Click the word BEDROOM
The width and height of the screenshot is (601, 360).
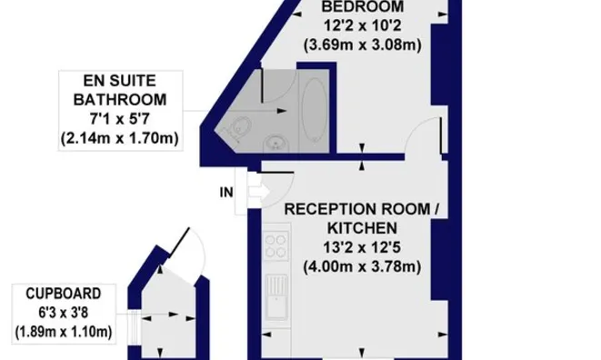tap(362, 7)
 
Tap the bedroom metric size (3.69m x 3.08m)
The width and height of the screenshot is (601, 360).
tap(362, 45)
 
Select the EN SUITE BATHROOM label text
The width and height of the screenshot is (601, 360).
tap(120, 90)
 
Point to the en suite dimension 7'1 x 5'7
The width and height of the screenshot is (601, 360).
tap(120, 119)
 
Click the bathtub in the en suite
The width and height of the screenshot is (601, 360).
tap(315, 111)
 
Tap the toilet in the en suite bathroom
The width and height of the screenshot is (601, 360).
tap(240, 126)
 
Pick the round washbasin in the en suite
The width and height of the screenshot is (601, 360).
tap(275, 144)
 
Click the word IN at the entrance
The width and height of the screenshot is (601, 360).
tap(226, 192)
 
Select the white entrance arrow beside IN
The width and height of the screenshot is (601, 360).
tap(259, 192)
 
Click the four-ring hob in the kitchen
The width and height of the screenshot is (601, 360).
tap(276, 245)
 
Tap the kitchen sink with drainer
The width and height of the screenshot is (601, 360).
tap(276, 296)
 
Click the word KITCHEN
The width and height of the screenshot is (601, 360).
tap(362, 228)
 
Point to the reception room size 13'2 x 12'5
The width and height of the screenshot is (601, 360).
tap(362, 247)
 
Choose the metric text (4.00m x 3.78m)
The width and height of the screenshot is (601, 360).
tap(362, 266)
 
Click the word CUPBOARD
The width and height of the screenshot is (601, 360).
tap(64, 294)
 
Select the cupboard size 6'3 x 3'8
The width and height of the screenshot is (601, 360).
tap(64, 313)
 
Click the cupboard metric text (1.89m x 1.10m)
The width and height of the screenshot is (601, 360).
tap(64, 332)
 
